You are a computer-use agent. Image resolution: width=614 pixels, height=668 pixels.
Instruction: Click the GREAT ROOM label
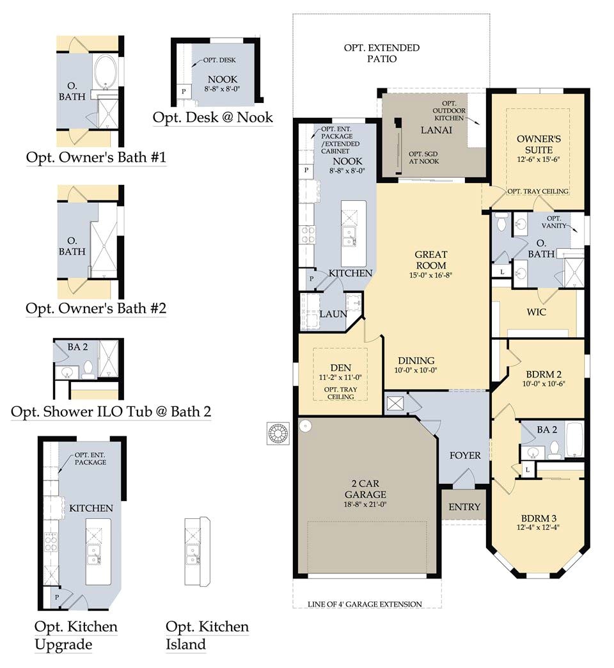[431, 260]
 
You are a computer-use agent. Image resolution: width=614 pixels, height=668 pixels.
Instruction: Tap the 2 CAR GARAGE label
[365, 489]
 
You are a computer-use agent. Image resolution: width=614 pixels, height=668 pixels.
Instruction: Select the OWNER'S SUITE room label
[539, 144]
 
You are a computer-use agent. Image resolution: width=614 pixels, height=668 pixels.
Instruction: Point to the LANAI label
[436, 130]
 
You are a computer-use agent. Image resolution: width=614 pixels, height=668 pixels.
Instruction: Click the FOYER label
[465, 456]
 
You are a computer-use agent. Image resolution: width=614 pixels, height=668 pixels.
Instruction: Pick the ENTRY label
[464, 507]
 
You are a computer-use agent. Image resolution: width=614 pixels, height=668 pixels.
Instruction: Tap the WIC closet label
[536, 312]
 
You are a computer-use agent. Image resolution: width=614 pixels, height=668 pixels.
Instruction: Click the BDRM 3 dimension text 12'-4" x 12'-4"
[539, 527]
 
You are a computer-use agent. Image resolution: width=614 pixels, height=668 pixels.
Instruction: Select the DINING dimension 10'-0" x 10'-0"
[416, 370]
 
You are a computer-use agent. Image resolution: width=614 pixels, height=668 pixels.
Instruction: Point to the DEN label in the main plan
[341, 368]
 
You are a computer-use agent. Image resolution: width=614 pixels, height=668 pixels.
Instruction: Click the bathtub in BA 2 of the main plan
[574, 440]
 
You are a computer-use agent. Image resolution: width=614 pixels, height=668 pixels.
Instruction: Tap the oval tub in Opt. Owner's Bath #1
[106, 71]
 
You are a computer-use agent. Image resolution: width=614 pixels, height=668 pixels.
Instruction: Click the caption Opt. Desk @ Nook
[212, 118]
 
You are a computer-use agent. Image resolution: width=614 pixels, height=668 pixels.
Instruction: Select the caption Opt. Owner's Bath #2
[96, 308]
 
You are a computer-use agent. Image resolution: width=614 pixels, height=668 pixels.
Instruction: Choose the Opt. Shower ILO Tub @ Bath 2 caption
[111, 411]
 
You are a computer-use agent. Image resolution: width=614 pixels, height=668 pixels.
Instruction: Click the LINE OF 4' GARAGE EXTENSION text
[365, 604]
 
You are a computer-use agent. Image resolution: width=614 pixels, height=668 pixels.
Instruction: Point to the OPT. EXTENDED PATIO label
[382, 53]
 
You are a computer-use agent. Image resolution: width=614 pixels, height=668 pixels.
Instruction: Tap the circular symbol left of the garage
[278, 433]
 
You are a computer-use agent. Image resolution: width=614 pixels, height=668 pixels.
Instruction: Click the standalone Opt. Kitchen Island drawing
[197, 552]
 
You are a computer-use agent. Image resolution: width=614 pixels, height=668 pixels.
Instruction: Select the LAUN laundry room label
[333, 314]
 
